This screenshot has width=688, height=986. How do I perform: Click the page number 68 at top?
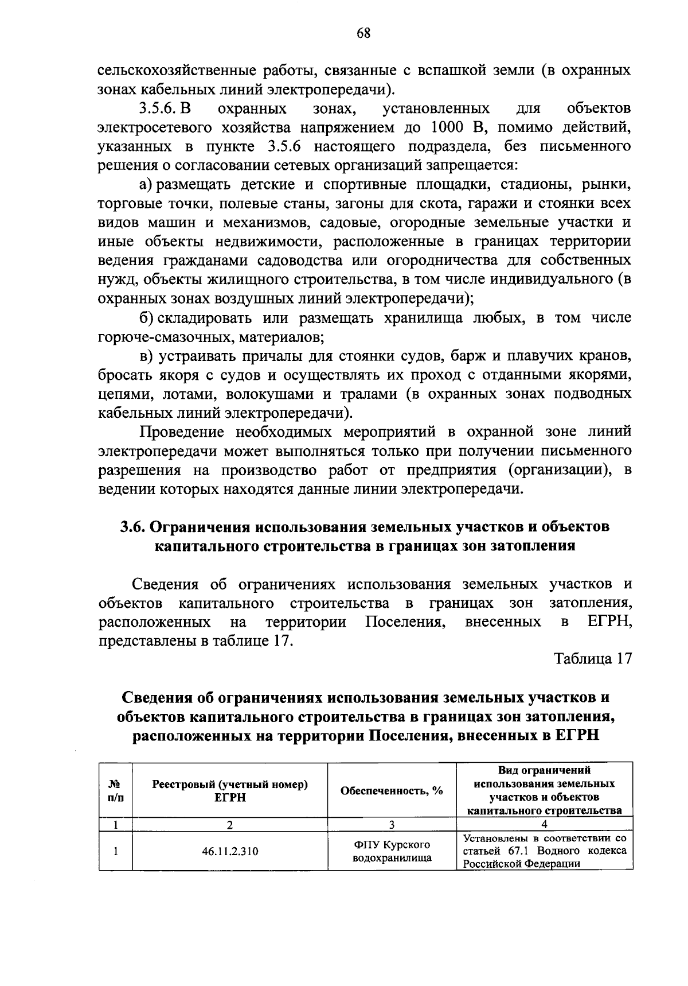point(363,33)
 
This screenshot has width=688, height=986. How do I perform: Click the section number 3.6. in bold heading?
point(134,527)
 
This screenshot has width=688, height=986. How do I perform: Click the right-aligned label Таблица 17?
point(593,659)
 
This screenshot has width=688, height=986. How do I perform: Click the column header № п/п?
point(115,790)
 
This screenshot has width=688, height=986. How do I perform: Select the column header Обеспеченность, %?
point(392,790)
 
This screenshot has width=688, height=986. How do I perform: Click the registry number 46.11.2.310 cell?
point(229,851)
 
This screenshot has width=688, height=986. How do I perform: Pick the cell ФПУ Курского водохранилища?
point(392,851)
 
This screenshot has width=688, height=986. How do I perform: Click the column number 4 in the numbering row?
point(544,825)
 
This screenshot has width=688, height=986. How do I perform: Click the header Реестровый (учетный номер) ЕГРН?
point(229,790)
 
